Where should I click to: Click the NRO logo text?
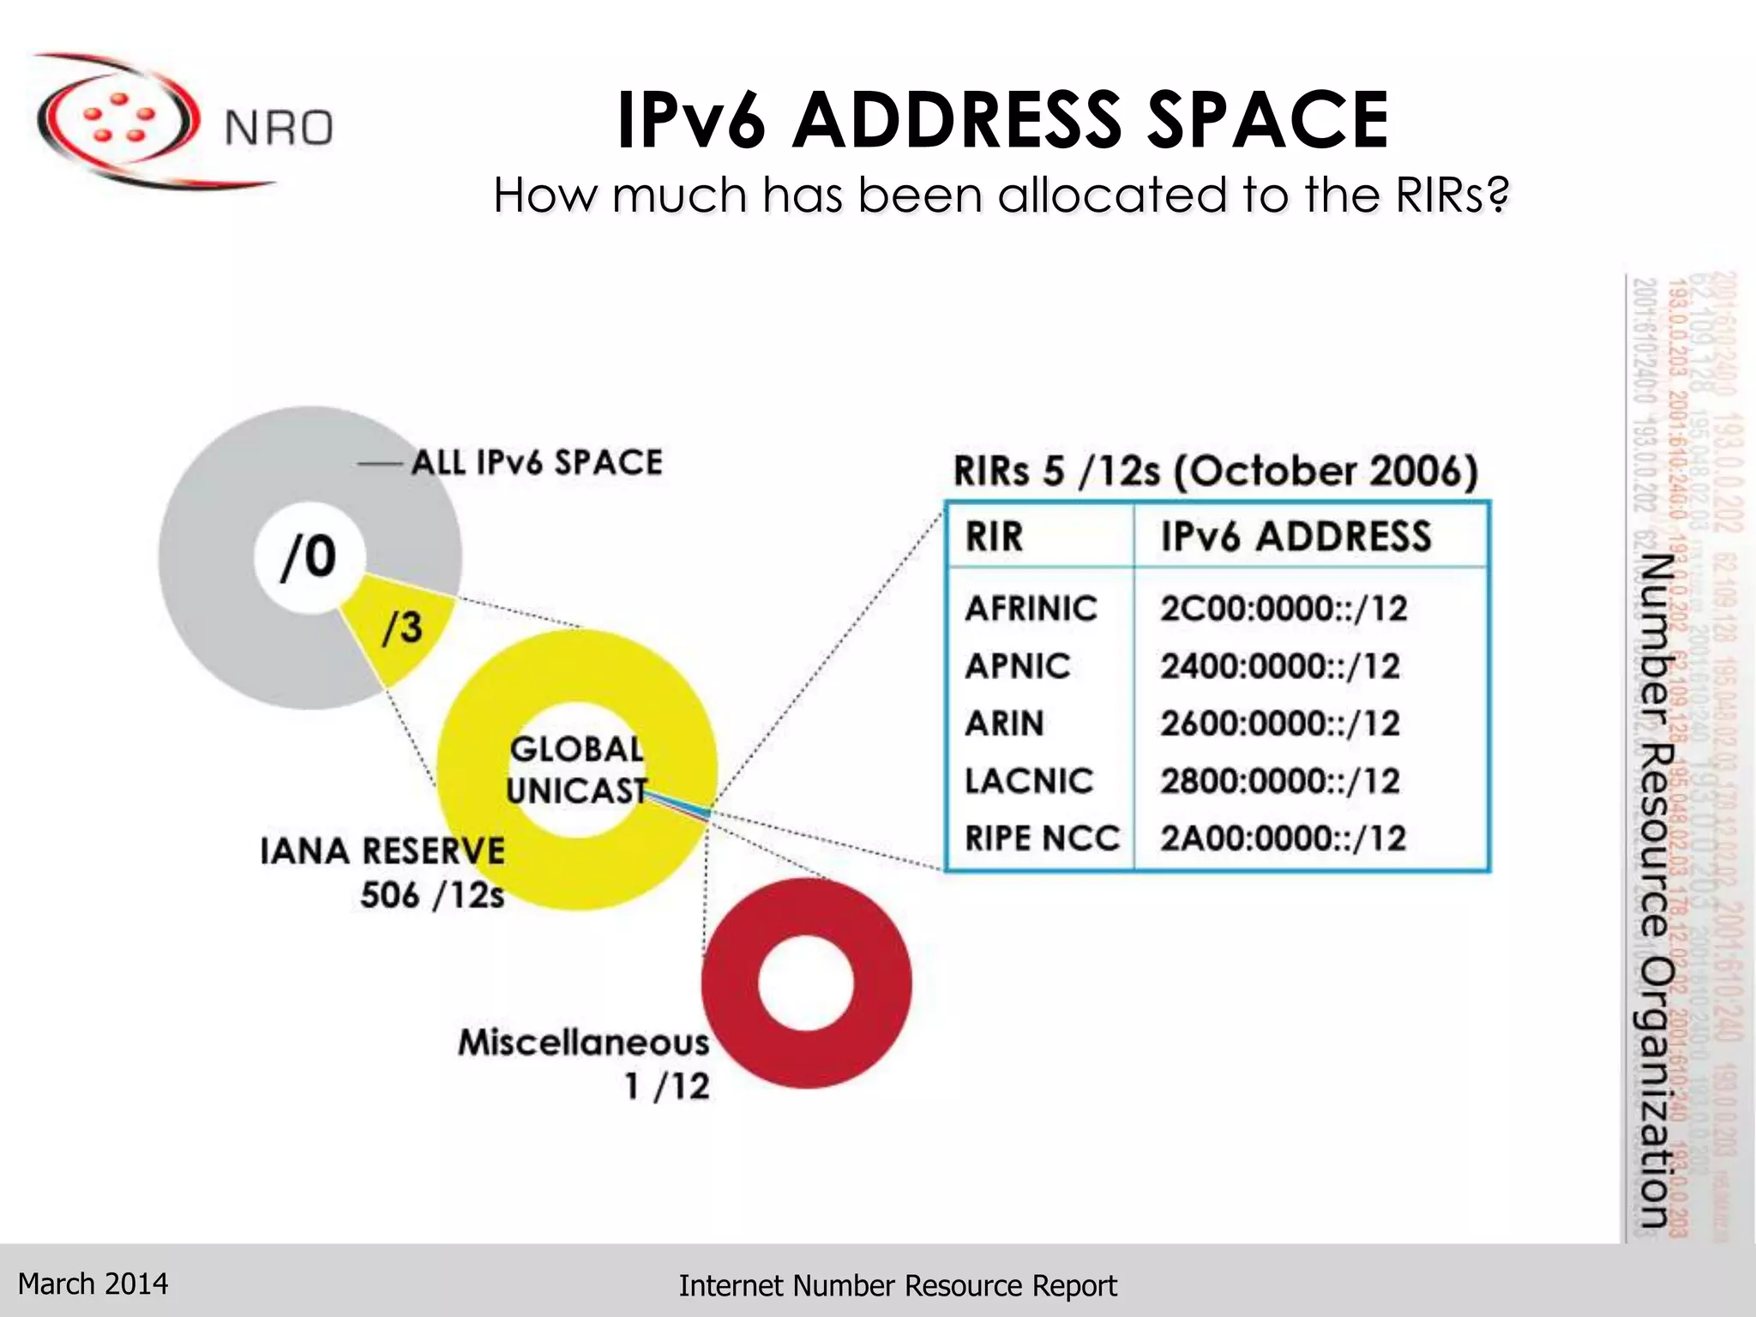(x=278, y=129)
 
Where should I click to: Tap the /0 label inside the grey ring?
(x=309, y=557)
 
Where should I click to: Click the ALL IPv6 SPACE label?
(x=537, y=463)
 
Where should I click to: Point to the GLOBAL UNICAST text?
(x=576, y=770)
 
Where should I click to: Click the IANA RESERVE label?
(x=382, y=851)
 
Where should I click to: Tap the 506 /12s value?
(x=431, y=895)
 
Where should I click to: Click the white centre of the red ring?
(x=806, y=983)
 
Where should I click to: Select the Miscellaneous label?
(x=583, y=1043)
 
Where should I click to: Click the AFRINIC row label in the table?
(x=1031, y=609)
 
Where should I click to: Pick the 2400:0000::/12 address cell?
(x=1280, y=666)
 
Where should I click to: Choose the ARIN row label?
(x=1004, y=724)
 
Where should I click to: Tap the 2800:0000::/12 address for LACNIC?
(x=1280, y=781)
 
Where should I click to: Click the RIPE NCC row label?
(x=1042, y=839)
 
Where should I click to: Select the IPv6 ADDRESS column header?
(x=1296, y=537)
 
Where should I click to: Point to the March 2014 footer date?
(x=93, y=1284)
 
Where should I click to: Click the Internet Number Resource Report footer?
(x=897, y=1286)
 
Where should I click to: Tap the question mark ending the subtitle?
(x=1497, y=195)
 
